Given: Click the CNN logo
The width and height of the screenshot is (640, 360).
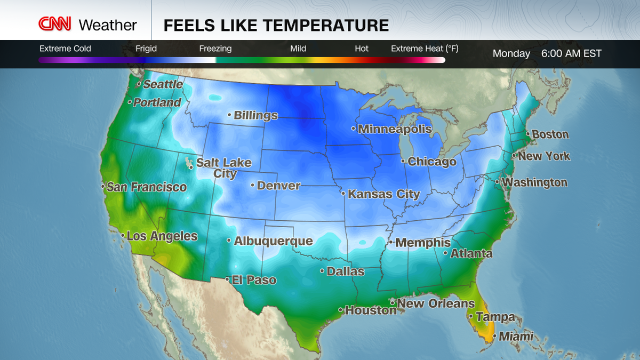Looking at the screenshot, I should coord(54,25).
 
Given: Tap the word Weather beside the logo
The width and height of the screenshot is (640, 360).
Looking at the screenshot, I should coord(108,25).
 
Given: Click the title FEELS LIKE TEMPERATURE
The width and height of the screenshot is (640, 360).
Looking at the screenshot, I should coord(276,25).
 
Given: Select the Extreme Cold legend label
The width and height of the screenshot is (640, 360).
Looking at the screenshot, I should coord(65,49).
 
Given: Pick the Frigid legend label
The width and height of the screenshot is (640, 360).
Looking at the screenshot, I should coord(146,49).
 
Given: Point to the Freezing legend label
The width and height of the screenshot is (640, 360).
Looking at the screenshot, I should coord(215,49).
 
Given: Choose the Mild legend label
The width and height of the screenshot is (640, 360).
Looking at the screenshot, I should coord(298,49).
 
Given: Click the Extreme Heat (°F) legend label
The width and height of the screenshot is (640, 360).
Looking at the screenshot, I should coord(425,49).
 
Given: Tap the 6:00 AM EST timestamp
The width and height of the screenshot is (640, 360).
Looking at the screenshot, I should coord(571,53).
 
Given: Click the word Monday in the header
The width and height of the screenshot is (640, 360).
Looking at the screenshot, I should coord(511,53).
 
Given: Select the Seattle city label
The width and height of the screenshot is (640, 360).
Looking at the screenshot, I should coord(163,84).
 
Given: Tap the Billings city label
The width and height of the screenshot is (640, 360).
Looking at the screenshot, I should coord(256,115).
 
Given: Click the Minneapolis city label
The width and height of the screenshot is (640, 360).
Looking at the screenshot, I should coord(395,129).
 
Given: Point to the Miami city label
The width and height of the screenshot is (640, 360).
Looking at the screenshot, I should coord(516,337).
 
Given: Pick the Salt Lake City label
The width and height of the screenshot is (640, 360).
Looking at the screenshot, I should coord(224,168).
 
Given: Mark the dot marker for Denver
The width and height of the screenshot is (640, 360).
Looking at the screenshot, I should coord(253,186).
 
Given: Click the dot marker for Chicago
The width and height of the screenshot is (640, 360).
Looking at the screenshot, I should coord(404,161).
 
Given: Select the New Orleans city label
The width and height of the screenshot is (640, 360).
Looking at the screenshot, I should coord(436,303).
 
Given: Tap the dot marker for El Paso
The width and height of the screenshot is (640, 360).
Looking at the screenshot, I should coord(228,279).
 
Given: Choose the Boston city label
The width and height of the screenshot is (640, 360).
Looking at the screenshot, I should coord(550,134).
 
